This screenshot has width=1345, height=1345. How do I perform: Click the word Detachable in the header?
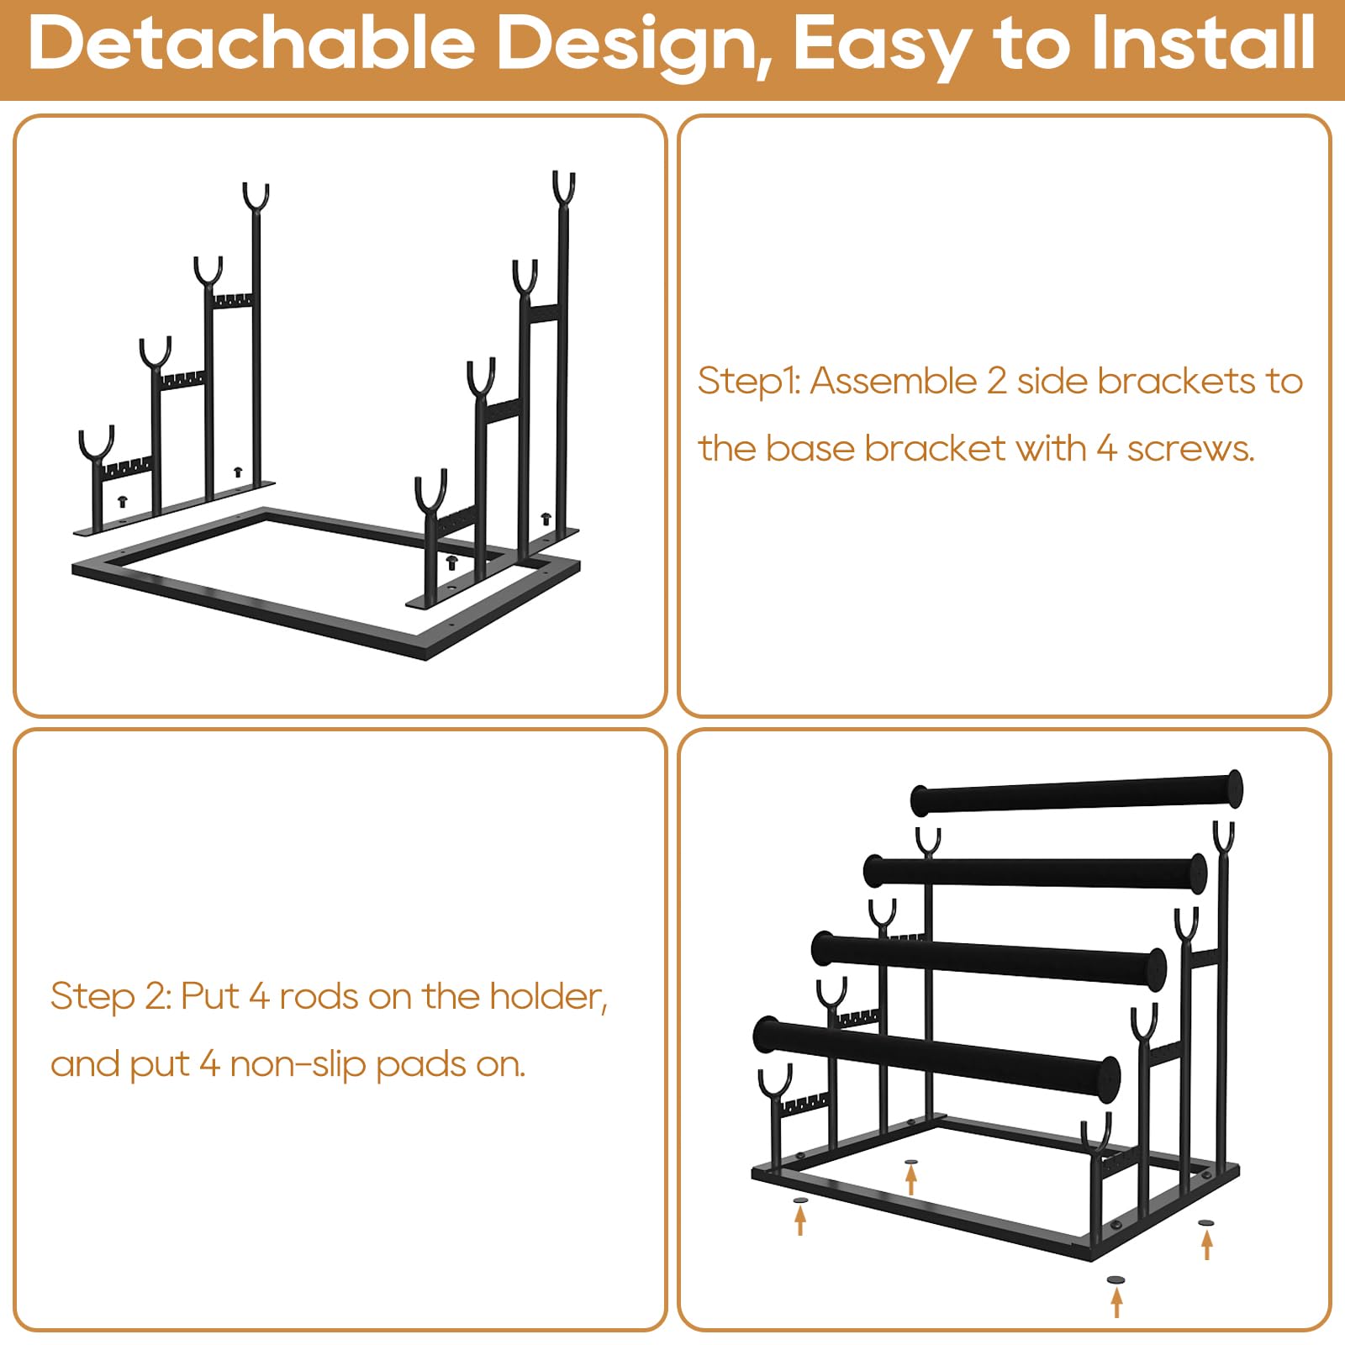click(253, 43)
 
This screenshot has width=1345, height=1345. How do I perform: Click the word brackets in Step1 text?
click(1177, 381)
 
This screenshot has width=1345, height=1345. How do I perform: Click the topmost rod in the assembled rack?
click(1077, 793)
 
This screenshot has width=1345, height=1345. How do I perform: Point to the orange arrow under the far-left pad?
click(800, 1221)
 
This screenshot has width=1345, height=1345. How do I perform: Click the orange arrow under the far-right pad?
click(1207, 1245)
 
